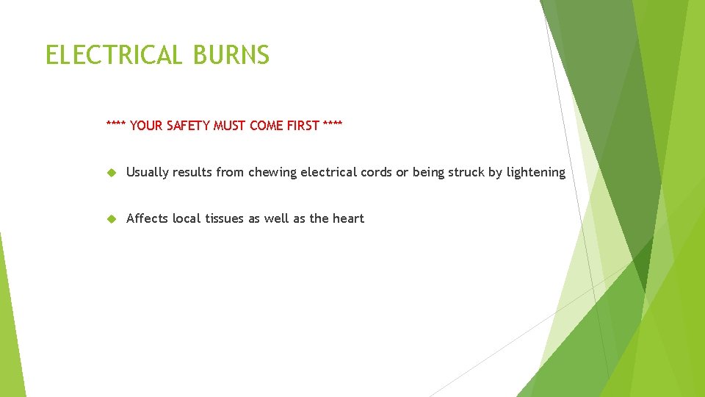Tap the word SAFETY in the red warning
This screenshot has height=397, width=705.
tap(188, 126)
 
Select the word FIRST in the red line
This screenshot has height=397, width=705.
tap(303, 126)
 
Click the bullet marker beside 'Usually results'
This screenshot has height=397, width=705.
tap(112, 173)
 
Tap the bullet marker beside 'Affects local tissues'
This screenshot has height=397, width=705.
tap(112, 218)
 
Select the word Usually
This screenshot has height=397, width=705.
tap(148, 173)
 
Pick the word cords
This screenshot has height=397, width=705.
tap(376, 173)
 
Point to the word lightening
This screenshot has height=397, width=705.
tap(535, 173)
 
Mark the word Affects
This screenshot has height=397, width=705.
tap(147, 218)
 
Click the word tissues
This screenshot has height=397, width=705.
tap(224, 218)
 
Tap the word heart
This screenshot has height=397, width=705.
tap(347, 218)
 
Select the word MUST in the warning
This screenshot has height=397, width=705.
tap(230, 126)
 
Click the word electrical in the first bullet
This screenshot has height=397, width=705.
tap(328, 173)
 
